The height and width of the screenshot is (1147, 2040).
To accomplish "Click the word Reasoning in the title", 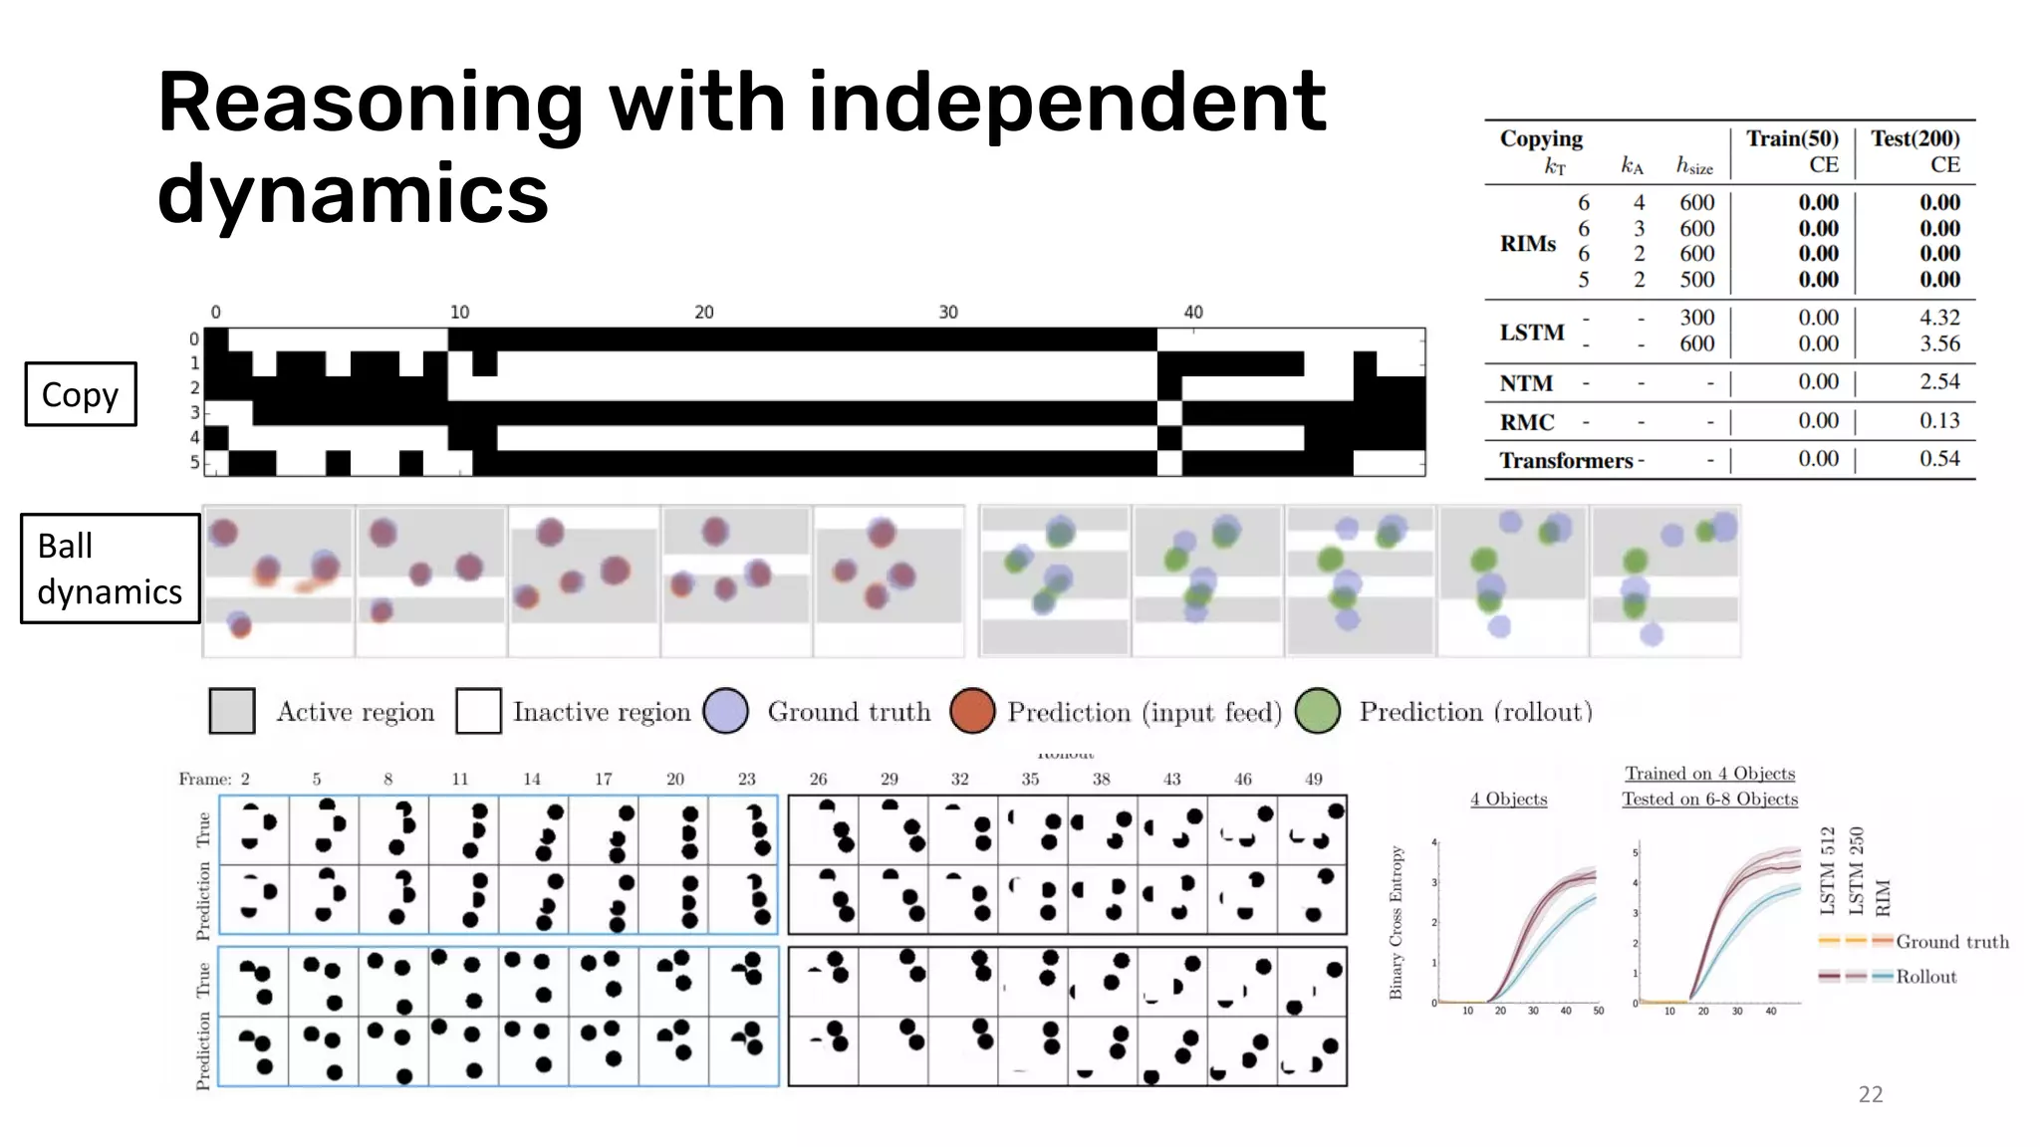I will [x=370, y=106].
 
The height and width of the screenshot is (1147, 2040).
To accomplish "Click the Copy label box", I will [x=80, y=394].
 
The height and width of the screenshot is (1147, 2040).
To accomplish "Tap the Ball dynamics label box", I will [x=110, y=569].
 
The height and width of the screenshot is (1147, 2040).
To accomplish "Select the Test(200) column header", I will [x=1914, y=139].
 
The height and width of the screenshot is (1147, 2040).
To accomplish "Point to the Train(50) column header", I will [x=1791, y=139].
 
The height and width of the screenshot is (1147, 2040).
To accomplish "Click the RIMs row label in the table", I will [x=1527, y=244].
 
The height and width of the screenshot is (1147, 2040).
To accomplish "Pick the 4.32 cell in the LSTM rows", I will [x=1938, y=318].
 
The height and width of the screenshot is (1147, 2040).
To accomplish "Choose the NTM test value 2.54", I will [x=1938, y=381].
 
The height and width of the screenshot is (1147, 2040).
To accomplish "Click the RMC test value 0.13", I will [x=1938, y=420].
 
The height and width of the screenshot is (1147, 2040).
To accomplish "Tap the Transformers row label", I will [x=1566, y=460].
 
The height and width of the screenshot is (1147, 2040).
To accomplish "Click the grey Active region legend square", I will [x=232, y=711].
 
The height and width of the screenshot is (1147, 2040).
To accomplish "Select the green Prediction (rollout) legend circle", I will [x=1318, y=711].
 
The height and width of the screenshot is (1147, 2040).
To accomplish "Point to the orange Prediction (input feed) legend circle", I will [x=972, y=711].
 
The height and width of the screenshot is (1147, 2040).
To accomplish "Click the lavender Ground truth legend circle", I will [x=725, y=711].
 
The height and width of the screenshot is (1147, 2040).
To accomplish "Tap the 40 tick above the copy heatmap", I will [x=1193, y=312].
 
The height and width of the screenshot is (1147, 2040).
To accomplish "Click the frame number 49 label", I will [x=1313, y=779].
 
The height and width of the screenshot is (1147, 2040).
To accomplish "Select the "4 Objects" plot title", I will [x=1508, y=799].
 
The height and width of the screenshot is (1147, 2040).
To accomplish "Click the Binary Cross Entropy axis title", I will [x=1397, y=922].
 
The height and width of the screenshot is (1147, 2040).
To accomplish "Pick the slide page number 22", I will [x=1870, y=1094].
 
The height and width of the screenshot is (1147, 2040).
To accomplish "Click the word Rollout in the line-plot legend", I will [x=1925, y=977].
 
